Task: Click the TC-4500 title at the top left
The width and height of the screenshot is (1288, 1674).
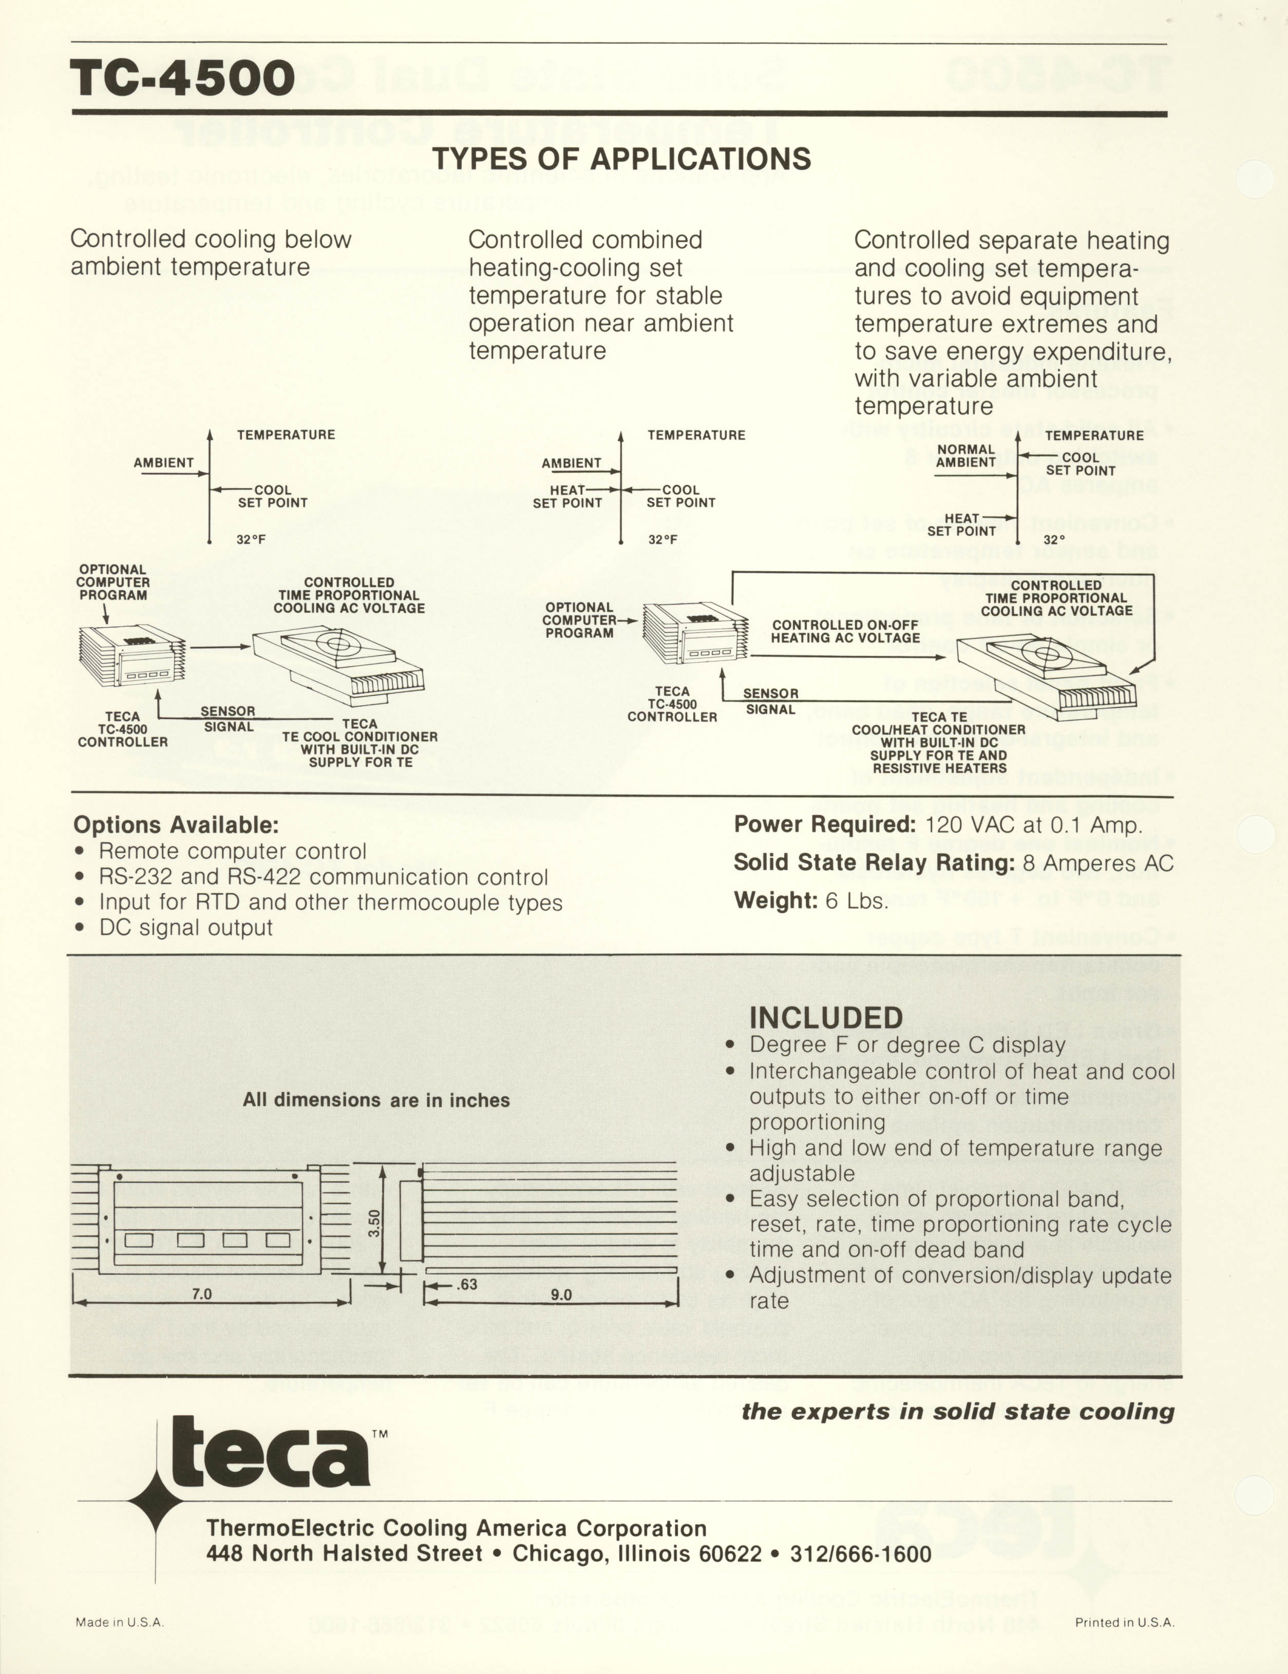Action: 182,78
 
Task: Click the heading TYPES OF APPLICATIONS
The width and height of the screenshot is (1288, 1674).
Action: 621,159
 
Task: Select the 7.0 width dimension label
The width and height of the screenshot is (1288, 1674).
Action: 201,1294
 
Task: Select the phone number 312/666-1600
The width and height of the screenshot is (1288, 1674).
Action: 860,1554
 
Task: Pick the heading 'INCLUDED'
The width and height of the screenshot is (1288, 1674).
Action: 826,1018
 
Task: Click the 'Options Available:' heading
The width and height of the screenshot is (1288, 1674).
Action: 176,825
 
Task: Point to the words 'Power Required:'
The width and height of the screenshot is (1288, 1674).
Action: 824,825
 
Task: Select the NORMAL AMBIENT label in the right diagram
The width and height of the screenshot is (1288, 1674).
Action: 965,456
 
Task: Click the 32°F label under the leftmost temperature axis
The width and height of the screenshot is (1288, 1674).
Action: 251,540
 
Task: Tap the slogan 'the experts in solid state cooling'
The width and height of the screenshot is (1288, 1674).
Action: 958,1412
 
